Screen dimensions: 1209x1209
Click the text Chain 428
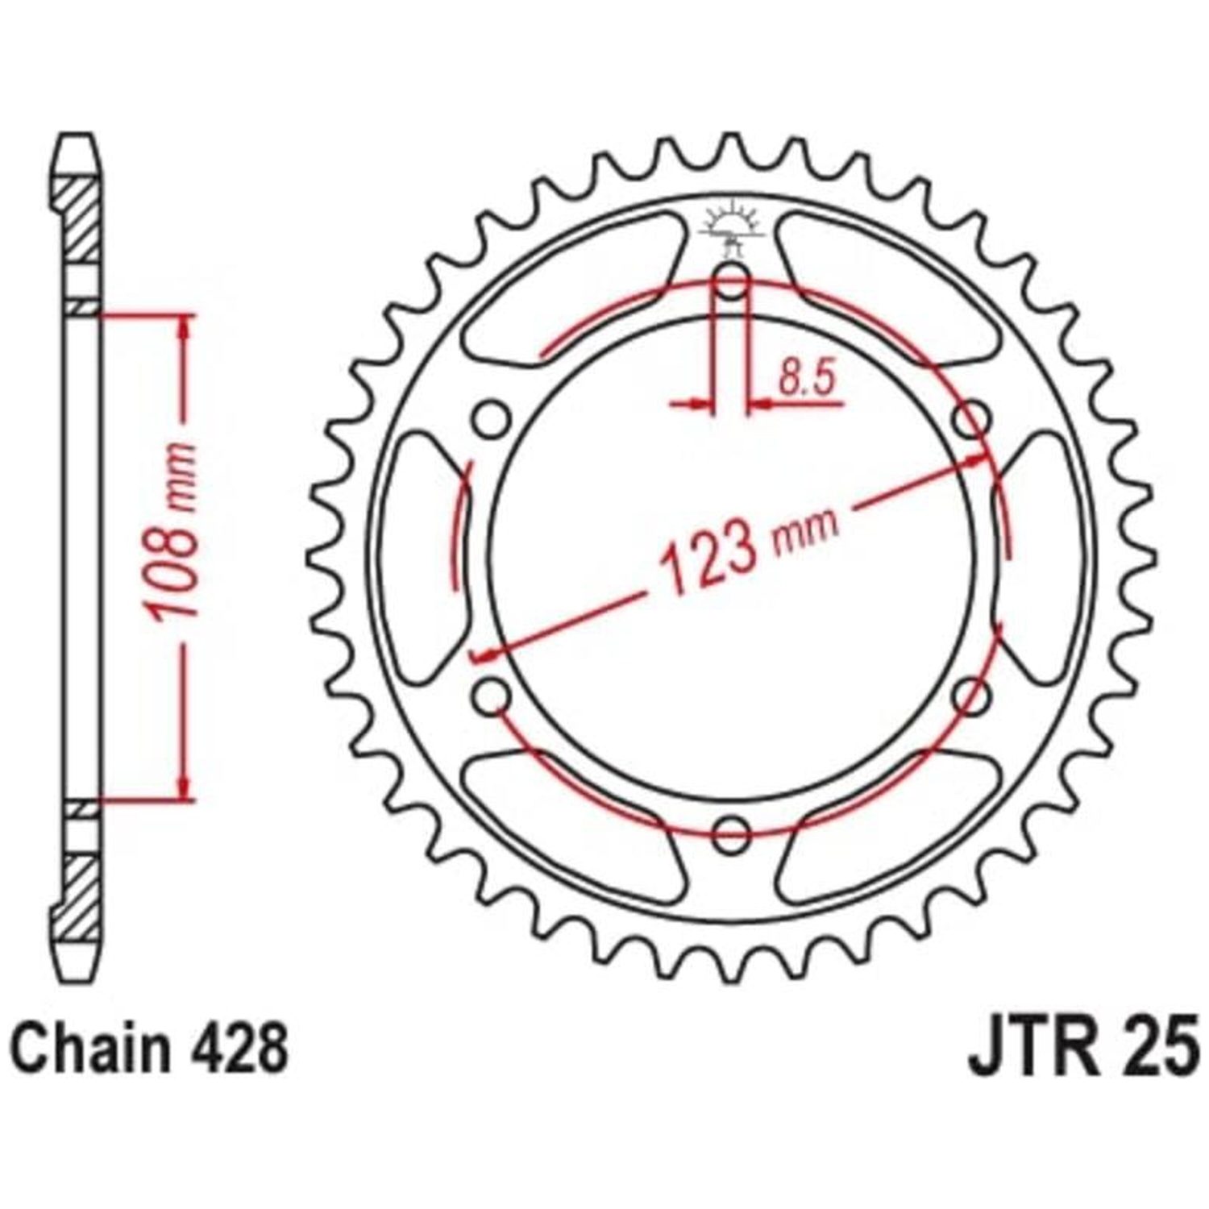(151, 1049)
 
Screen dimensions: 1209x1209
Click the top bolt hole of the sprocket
(732, 283)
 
